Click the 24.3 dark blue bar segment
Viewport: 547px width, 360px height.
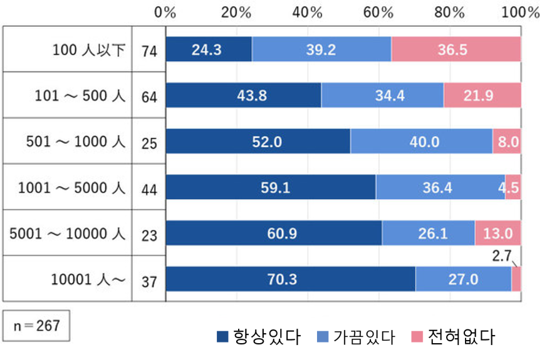[x=209, y=49]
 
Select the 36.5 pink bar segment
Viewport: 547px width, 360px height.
[x=456, y=49]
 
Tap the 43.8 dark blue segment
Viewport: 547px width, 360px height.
[x=243, y=96]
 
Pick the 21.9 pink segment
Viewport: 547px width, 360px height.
[x=482, y=96]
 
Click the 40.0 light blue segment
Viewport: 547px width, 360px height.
[x=421, y=142]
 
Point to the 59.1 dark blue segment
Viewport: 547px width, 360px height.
[x=271, y=187]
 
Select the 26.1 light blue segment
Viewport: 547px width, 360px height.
[x=428, y=234]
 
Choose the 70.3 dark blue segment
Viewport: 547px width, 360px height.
[x=290, y=279]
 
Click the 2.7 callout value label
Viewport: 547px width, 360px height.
[x=501, y=255]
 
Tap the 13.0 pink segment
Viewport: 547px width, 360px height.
[x=498, y=234]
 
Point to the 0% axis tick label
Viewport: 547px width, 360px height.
[x=165, y=13]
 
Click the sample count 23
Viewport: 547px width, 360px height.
[x=149, y=235]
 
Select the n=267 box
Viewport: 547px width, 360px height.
[x=35, y=326]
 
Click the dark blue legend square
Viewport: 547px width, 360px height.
[x=222, y=337]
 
